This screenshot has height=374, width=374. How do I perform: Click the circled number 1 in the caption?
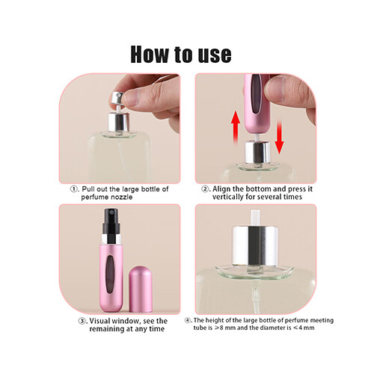75,189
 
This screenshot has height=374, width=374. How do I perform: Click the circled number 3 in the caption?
73,320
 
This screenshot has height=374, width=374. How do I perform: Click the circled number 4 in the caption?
197,320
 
